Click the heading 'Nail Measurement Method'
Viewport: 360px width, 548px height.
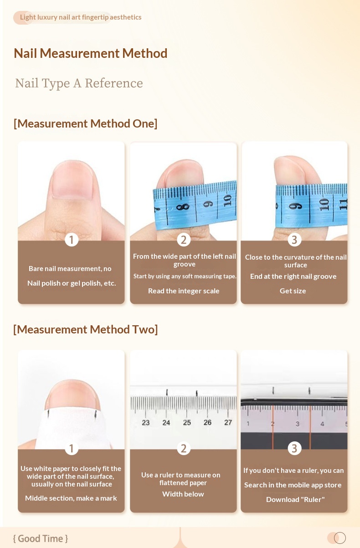[x=91, y=53]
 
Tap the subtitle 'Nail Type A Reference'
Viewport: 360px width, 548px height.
[x=79, y=84]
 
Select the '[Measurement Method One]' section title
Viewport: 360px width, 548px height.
[x=85, y=123]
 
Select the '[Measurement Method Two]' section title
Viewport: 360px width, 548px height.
[x=85, y=329]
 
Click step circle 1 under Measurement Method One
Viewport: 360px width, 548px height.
[x=72, y=240]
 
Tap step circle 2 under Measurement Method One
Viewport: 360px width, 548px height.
[x=184, y=240]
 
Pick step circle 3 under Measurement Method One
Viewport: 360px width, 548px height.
[x=294, y=240]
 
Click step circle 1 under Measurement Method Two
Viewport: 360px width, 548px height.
[x=72, y=448]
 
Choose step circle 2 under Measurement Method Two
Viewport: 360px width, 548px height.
[x=184, y=448]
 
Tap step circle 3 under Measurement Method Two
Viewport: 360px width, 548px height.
[x=294, y=448]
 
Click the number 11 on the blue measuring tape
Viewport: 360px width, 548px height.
[x=344, y=204]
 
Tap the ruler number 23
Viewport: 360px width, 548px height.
[x=146, y=422]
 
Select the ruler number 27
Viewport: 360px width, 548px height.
[x=228, y=422]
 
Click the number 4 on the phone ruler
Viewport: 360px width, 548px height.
[x=322, y=424]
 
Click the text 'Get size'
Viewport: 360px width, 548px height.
[x=293, y=291]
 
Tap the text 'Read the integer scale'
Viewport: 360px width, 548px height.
[x=184, y=291]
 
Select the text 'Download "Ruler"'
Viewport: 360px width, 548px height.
[x=295, y=499]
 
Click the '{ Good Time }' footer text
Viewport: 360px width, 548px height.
[x=41, y=538]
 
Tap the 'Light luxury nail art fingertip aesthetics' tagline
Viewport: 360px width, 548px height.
[x=81, y=17]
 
